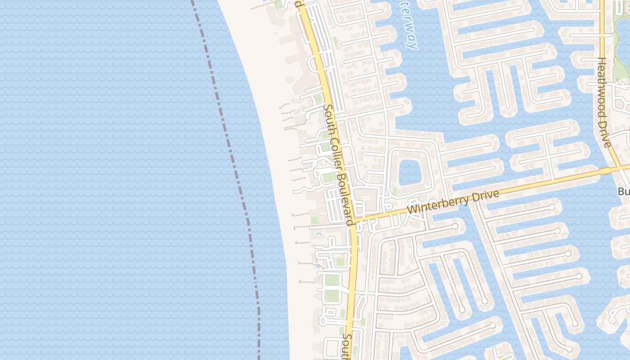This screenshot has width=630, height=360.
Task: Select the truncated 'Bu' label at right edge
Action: (x=624, y=192)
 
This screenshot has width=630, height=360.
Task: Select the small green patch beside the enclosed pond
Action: (x=394, y=191)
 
